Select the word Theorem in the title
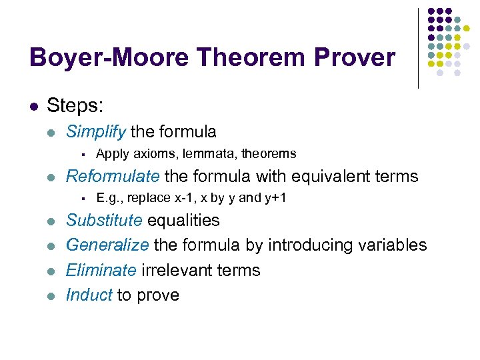[x=231, y=58]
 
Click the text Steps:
[x=75, y=106]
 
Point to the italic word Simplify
[x=96, y=132]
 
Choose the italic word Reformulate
[x=113, y=176]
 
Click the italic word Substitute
[x=104, y=220]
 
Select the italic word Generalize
[x=107, y=245]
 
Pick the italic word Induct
[x=89, y=295]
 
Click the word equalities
[x=183, y=220]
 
